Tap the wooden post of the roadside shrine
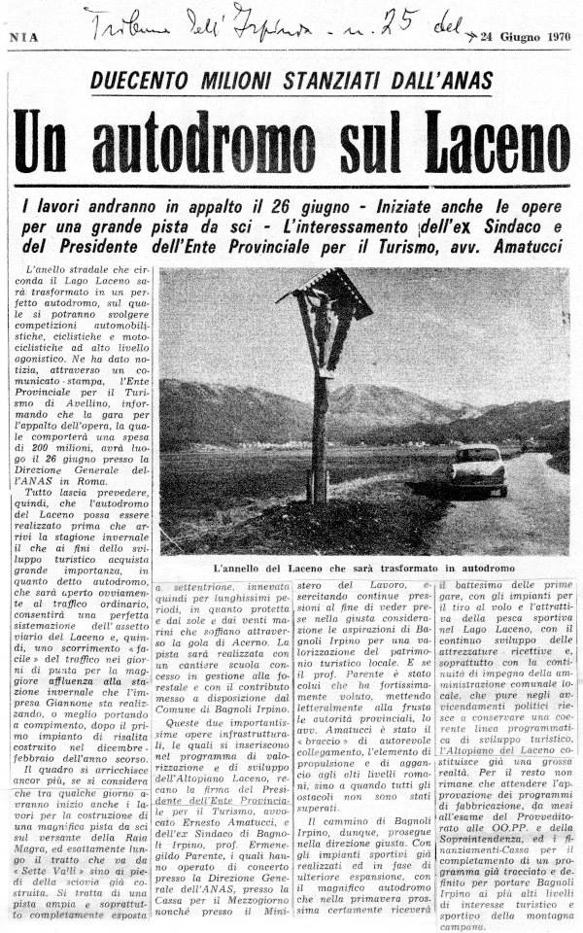coord(319,428)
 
